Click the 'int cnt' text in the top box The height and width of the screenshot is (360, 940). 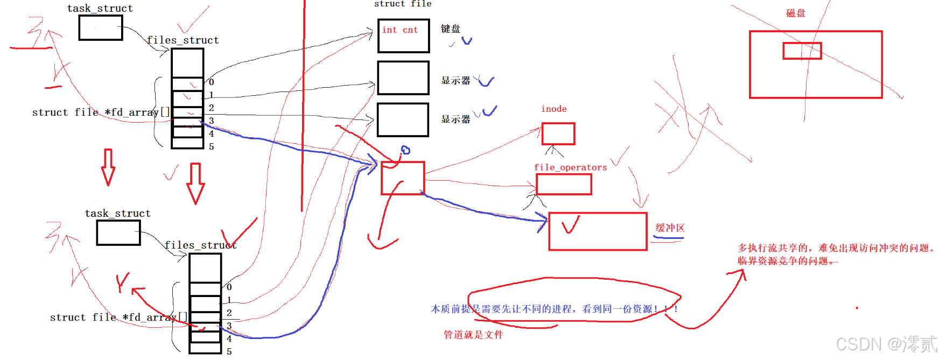pos(400,30)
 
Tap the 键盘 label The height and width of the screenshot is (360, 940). pos(451,29)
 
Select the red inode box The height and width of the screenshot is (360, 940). pos(558,133)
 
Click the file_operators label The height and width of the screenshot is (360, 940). pos(570,167)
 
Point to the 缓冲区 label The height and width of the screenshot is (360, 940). pos(670,228)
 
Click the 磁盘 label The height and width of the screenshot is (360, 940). pos(796,13)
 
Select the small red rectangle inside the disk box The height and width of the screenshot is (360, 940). pos(802,51)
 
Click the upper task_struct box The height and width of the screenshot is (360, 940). pos(101,27)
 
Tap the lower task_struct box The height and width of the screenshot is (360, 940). pos(118,232)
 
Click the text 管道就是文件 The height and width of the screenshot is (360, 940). pos(473,335)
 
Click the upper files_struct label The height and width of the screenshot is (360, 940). pos(183,40)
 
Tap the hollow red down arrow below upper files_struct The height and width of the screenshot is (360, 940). pos(195,183)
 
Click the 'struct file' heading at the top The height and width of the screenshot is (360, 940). pos(403,4)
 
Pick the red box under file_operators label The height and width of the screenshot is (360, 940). pos(564,185)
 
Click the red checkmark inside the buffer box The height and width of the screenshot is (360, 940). pos(570,224)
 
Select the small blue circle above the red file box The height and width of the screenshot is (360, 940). pos(405,150)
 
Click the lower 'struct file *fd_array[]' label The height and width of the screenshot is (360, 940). pos(118,317)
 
